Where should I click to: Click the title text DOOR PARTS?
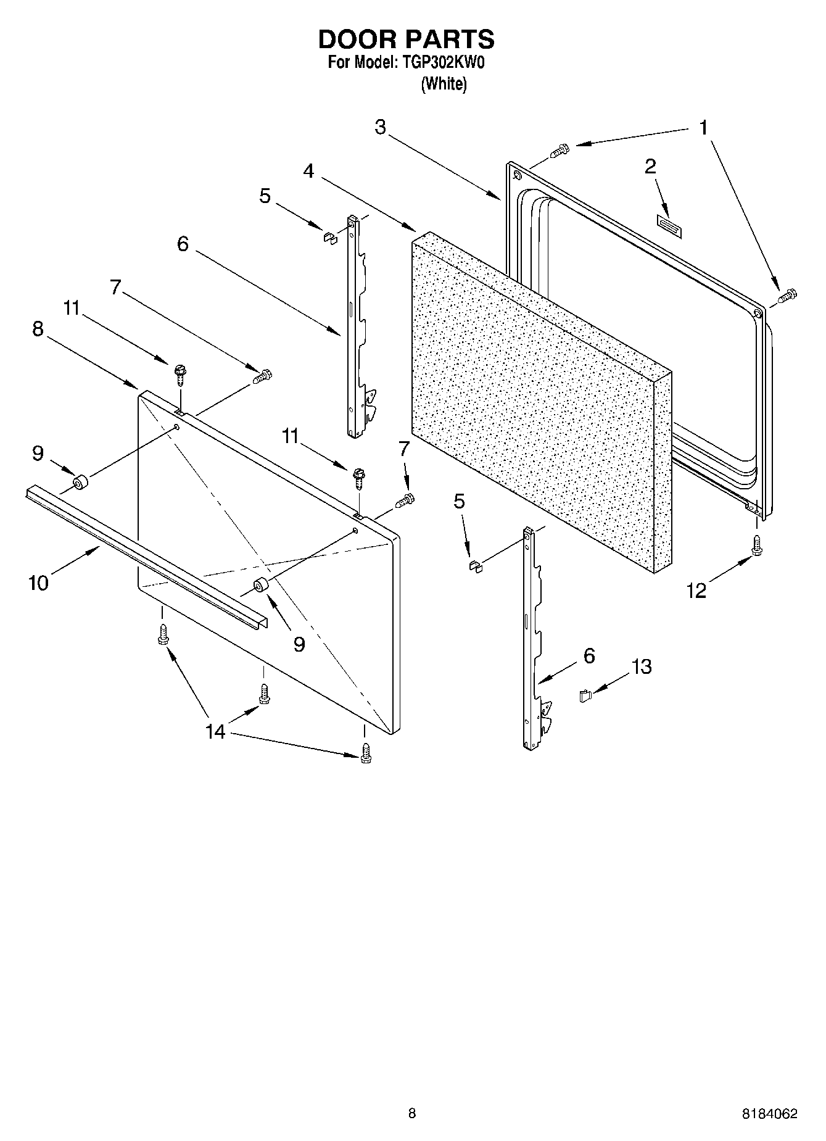coord(406,39)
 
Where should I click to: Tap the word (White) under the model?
coord(444,84)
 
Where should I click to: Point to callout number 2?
coord(650,167)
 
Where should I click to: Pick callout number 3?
coord(380,127)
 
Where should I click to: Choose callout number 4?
coord(308,171)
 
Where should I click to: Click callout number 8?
coord(38,329)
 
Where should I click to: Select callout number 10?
coord(38,582)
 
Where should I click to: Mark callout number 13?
coord(642,666)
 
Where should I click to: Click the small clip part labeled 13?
coord(585,696)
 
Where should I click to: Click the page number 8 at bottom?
coord(412,1113)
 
